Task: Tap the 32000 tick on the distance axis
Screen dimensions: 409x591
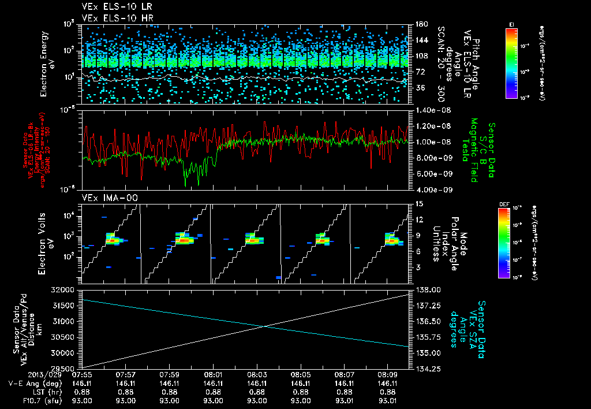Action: point(68,289)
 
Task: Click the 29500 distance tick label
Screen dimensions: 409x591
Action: point(68,369)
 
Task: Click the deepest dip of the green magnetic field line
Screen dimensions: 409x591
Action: point(185,185)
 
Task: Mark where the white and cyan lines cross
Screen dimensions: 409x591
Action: point(265,326)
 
